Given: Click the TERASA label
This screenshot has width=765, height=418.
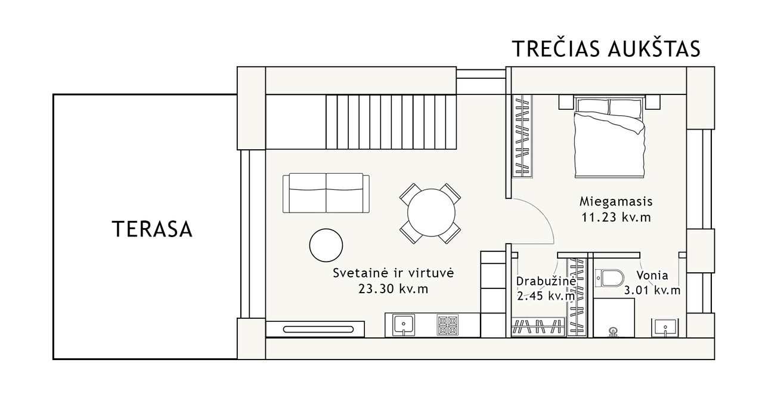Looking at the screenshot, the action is click(x=152, y=229).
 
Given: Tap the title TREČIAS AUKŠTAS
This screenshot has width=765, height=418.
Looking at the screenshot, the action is click(x=606, y=48).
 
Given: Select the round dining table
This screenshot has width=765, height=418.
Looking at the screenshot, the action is click(x=431, y=213).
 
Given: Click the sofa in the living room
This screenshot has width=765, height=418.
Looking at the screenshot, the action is click(x=326, y=193).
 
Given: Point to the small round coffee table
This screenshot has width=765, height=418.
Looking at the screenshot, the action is click(x=326, y=245).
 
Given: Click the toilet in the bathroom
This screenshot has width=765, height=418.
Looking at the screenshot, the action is click(x=609, y=278).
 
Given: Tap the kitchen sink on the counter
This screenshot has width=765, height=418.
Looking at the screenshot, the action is click(x=404, y=325).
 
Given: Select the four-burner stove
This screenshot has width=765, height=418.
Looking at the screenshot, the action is click(x=448, y=325).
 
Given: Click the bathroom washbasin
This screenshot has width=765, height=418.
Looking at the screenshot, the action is click(x=665, y=328).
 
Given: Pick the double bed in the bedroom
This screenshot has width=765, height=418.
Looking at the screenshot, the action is click(x=609, y=137).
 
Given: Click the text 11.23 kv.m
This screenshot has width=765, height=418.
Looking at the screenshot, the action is click(x=616, y=217).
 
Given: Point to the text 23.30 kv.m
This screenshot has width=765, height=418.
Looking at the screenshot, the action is click(x=393, y=289).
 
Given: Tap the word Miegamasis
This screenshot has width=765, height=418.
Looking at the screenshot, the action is click(x=616, y=201).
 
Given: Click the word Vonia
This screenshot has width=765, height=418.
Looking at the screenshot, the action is click(x=652, y=275).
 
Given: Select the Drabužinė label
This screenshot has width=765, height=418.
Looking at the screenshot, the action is click(x=546, y=281).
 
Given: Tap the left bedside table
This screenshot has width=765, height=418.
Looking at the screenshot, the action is click(x=566, y=102).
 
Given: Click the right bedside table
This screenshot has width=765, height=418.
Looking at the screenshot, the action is click(x=653, y=102).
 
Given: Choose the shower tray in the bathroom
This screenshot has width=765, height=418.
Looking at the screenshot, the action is click(x=614, y=318).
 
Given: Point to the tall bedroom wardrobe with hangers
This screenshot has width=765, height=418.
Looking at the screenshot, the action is click(x=522, y=136).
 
